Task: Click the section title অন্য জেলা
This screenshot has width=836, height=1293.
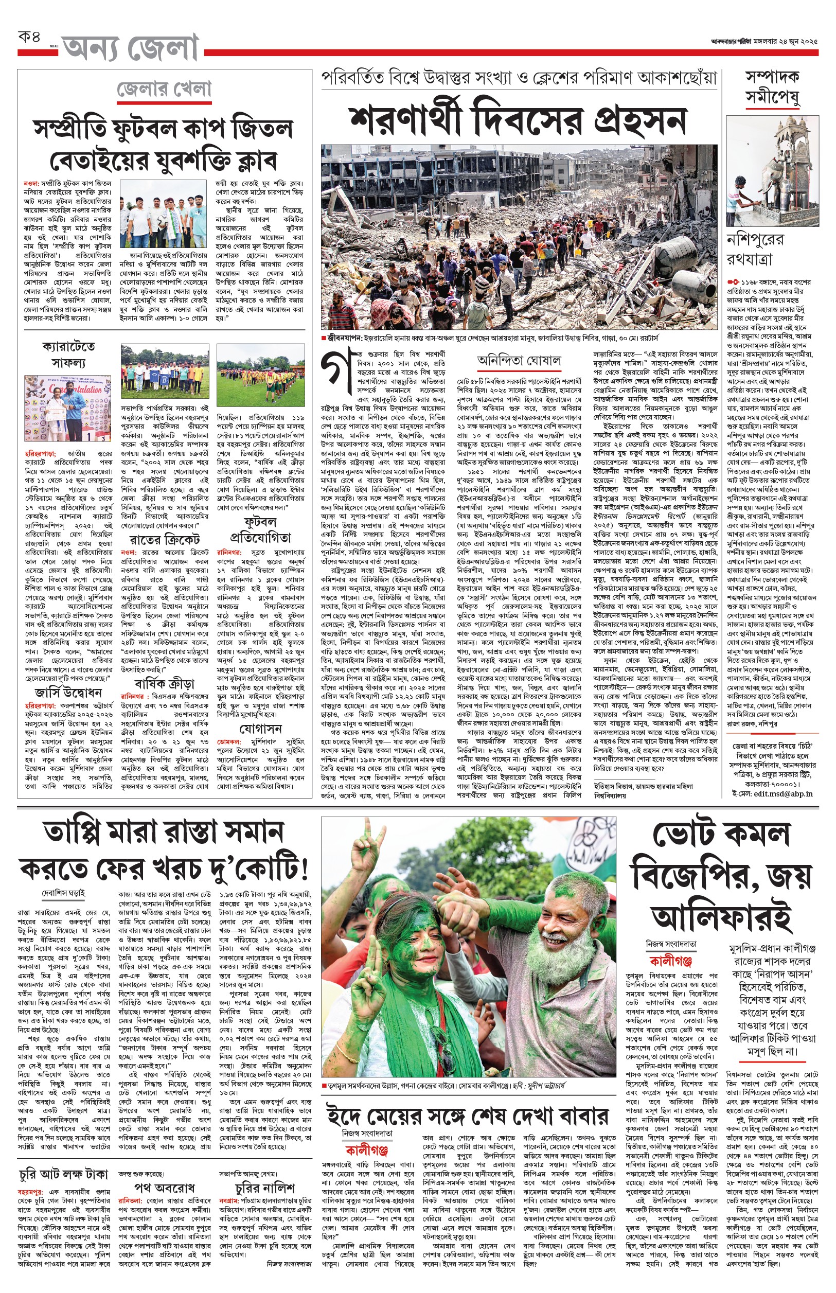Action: [x=130, y=48]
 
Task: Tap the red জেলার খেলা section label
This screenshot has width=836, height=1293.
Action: [x=164, y=90]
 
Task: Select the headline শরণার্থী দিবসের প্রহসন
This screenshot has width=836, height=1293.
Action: [x=518, y=120]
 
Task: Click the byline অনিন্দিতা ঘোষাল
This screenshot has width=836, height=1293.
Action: [x=519, y=361]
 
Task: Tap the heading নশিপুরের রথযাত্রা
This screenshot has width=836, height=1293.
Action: [x=755, y=249]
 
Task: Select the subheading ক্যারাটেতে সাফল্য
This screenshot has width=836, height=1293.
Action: [x=68, y=355]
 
